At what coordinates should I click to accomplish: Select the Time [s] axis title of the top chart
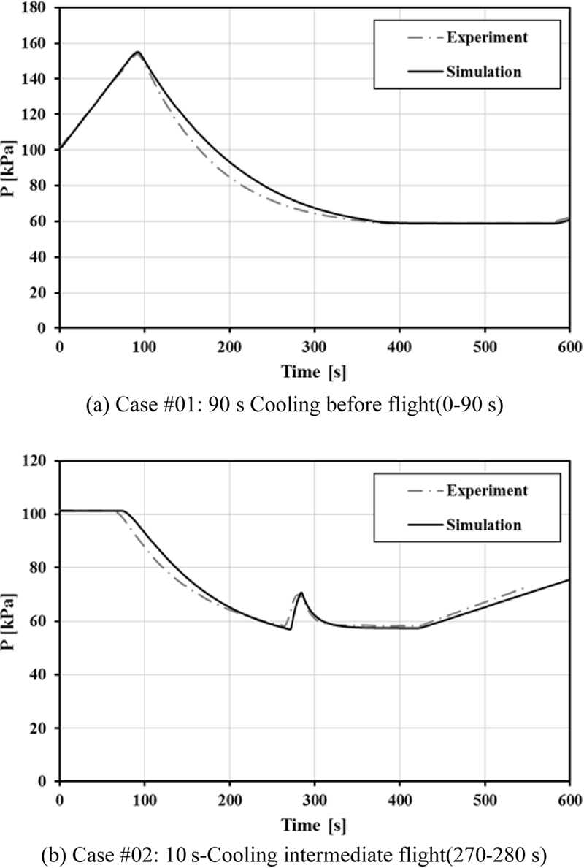(314, 372)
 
